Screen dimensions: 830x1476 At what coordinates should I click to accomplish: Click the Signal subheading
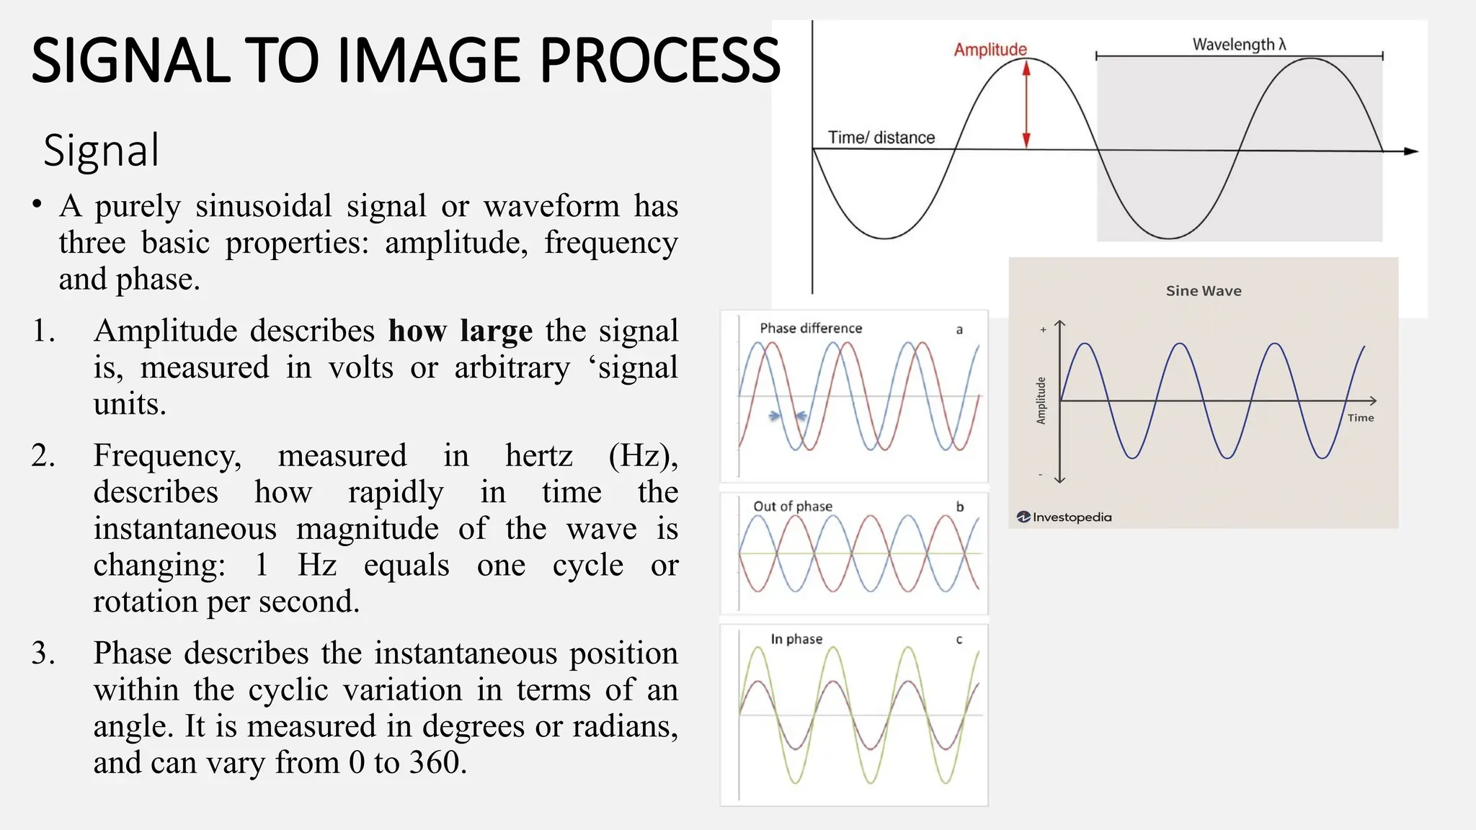[101, 151]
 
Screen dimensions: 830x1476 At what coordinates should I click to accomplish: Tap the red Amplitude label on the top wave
[990, 50]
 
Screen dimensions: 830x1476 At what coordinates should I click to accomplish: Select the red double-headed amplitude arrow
[1026, 104]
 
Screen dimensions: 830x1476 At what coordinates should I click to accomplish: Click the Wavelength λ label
[1239, 44]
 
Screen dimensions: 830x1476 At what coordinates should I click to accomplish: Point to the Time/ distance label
[881, 138]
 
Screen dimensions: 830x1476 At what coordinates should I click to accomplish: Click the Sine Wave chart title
[1203, 291]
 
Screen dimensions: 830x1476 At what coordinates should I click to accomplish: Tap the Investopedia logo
[1064, 517]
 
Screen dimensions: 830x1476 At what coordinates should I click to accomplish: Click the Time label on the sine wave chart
[1360, 418]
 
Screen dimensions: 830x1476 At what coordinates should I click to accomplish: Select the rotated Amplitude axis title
[1041, 401]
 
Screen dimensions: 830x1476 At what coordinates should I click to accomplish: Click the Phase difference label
[810, 329]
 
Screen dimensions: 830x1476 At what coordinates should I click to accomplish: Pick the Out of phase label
[792, 507]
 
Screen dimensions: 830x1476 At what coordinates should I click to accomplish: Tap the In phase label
[796, 639]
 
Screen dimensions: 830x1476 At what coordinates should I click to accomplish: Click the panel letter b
[959, 507]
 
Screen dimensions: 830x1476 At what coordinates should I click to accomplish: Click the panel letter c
[959, 640]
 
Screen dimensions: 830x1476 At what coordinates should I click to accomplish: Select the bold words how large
[460, 331]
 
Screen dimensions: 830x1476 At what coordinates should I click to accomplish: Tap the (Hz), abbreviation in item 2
[642, 455]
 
